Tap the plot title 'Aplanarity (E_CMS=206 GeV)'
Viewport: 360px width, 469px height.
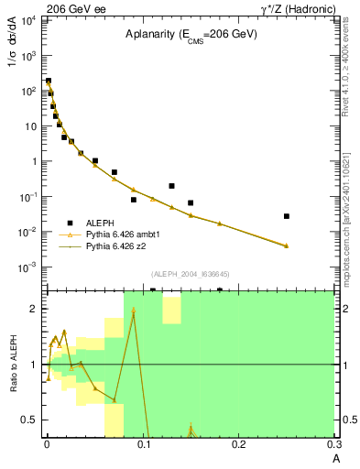pos(191,34)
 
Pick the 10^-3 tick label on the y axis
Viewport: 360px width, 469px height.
pos(27,267)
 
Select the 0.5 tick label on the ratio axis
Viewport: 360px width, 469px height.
pos(31,420)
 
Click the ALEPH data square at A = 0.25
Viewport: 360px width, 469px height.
pos(287,216)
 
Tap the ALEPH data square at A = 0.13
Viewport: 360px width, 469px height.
pos(171,186)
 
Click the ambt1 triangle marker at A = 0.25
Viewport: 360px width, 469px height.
pos(287,245)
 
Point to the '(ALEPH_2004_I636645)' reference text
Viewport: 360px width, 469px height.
pos(190,273)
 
